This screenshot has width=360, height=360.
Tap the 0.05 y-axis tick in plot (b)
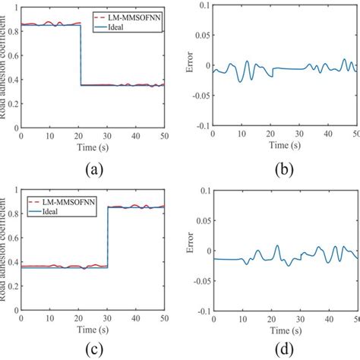(200, 36)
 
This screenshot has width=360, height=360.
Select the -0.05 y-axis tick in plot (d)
(198, 280)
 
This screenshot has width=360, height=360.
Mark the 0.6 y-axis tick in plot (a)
(13, 54)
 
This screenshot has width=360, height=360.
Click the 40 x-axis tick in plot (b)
(327, 134)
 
